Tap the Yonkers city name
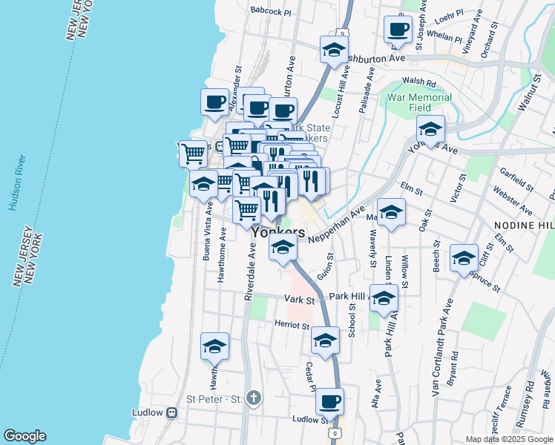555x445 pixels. tap(278, 232)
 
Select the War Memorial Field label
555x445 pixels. tap(419, 102)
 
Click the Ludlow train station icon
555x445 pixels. tap(172, 412)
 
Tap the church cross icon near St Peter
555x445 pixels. tap(254, 399)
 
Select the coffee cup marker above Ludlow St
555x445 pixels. tap(329, 403)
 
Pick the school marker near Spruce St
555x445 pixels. tap(464, 259)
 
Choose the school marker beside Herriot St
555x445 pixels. tap(325, 340)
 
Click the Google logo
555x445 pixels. tap(24, 436)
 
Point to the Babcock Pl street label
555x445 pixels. tap(271, 12)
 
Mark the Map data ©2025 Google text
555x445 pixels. tap(509, 438)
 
